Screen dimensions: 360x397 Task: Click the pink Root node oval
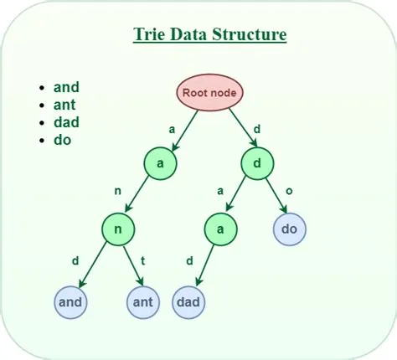(209, 93)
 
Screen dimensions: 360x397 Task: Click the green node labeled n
(120, 227)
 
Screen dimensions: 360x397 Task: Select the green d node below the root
(257, 163)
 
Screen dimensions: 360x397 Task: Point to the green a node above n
(160, 163)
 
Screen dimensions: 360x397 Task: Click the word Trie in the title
(151, 35)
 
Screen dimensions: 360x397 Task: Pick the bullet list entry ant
(66, 104)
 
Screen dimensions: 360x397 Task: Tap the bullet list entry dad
(66, 122)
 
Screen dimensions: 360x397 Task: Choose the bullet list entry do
(62, 140)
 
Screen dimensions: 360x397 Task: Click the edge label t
(143, 260)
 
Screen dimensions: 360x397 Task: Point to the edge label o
(289, 192)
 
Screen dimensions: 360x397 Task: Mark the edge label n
(118, 192)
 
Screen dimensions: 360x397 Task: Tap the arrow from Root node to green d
(240, 131)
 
